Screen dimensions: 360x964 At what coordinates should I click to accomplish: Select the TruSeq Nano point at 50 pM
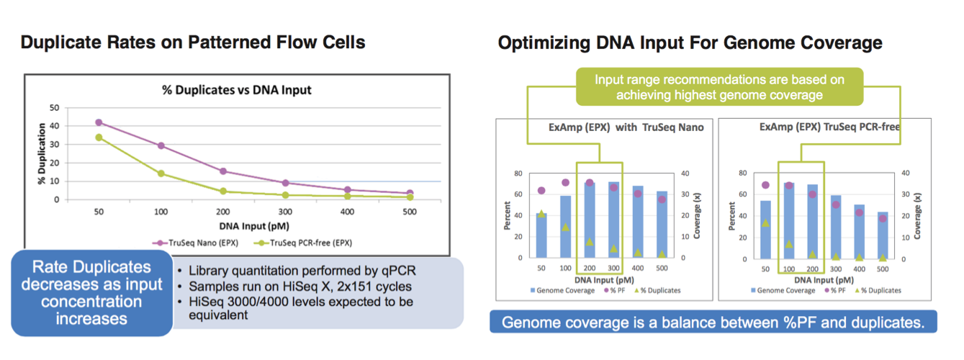[x=99, y=122]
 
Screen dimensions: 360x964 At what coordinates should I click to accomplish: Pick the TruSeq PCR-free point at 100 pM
[x=161, y=174]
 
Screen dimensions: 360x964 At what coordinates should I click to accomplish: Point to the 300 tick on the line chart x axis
[x=285, y=214]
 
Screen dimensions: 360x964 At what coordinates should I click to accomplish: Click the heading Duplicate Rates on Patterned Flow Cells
[x=193, y=42]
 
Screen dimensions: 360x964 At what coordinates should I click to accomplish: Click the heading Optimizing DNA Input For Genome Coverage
[x=690, y=42]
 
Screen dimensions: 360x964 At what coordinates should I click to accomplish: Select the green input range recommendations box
[x=719, y=86]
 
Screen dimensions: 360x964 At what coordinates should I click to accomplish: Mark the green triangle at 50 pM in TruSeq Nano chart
[x=541, y=214]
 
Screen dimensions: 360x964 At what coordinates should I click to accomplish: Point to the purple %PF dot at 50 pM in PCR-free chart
[x=765, y=185]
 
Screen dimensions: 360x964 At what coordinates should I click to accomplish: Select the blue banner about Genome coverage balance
[x=713, y=322]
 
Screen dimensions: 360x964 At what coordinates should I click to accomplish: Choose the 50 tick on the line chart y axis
[x=54, y=107]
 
